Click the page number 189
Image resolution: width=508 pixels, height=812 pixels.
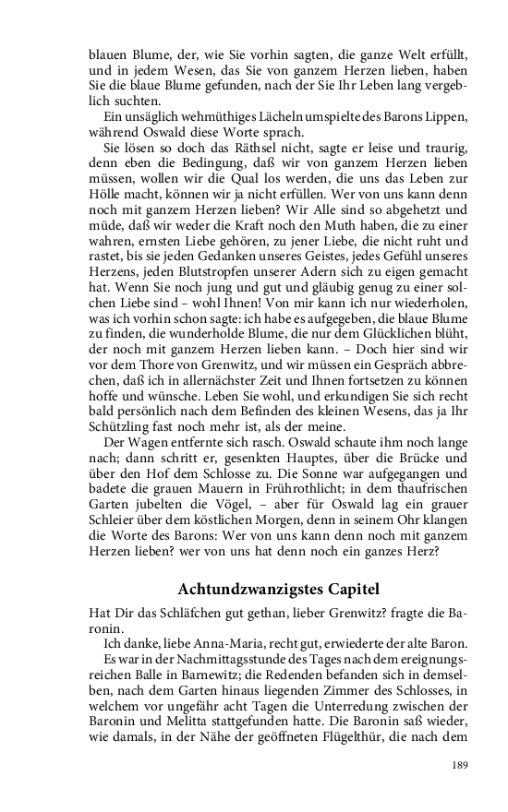(x=459, y=765)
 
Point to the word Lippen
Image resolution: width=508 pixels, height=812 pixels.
(x=446, y=116)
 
